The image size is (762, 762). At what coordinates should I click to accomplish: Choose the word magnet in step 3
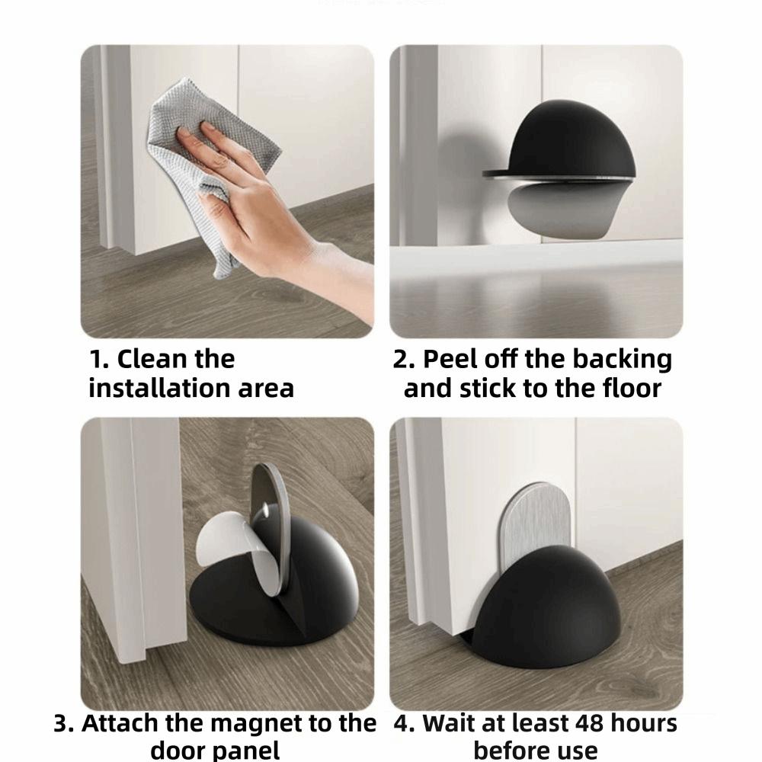(262, 723)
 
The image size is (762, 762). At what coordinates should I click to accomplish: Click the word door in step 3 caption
(180, 750)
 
